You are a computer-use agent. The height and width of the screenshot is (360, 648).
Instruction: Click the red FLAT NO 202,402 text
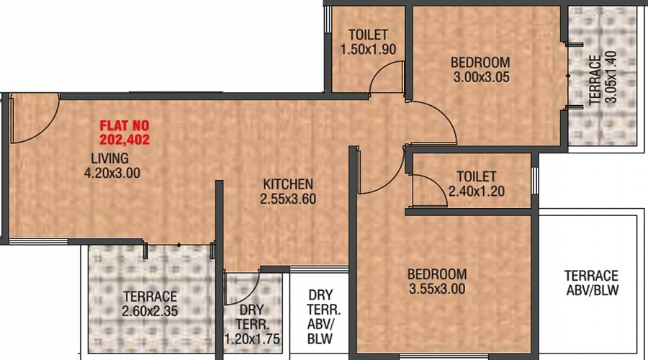point(125,132)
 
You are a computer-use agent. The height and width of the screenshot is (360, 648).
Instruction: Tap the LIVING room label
point(110,158)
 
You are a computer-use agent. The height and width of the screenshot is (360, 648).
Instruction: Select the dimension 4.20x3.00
point(112,173)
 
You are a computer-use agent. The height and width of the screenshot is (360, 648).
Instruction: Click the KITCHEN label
point(288,184)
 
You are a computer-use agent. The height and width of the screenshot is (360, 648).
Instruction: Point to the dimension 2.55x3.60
point(288,199)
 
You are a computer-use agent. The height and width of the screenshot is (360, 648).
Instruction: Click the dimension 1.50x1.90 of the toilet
point(368,49)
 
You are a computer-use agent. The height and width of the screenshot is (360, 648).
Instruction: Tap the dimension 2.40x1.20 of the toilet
point(477,192)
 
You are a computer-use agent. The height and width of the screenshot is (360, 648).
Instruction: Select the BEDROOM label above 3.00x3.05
point(480,63)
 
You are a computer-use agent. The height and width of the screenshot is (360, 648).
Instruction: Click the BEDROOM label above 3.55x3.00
point(437,274)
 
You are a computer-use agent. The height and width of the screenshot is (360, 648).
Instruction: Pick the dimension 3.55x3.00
point(437,289)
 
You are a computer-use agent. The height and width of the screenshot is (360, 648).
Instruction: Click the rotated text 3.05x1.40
point(611,76)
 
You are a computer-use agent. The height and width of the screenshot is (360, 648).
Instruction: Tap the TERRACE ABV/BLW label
point(591,283)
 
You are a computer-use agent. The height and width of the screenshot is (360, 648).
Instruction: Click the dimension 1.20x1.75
point(252,339)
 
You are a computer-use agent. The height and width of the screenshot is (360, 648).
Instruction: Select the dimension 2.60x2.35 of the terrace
point(150,311)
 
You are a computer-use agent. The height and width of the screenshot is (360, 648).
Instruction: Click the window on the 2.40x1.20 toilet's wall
point(535,180)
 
